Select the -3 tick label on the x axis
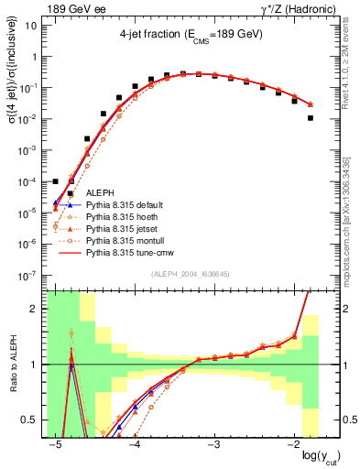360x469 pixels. (213, 444)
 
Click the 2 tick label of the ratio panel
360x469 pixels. (37, 309)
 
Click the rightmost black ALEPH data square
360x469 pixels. (311, 118)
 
